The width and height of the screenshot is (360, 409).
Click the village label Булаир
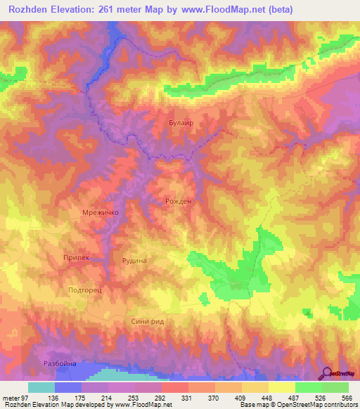pyautogui.click(x=181, y=122)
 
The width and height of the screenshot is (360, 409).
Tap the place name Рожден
pyautogui.click(x=178, y=201)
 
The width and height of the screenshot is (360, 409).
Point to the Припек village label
pyautogui.click(x=76, y=258)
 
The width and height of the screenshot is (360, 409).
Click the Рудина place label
pyautogui.click(x=134, y=260)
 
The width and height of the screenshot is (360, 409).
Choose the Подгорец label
pyautogui.click(x=86, y=289)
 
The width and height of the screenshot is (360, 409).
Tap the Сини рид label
pyautogui.click(x=148, y=320)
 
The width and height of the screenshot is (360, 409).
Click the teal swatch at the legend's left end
pyautogui.click(x=41, y=388)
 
